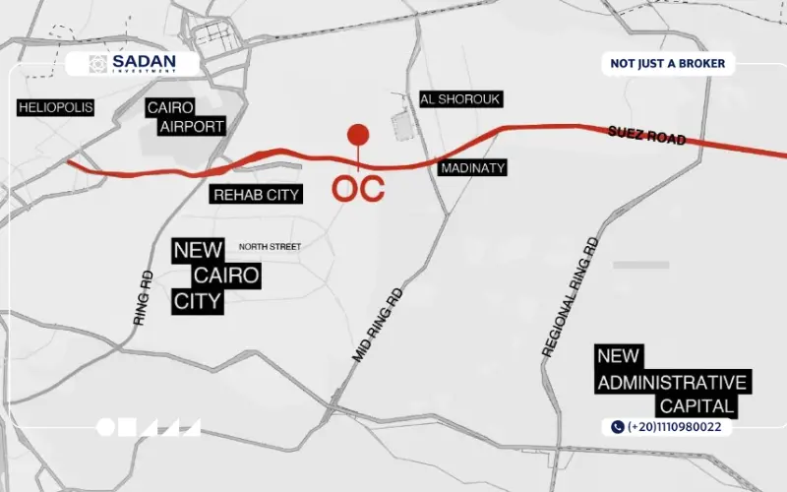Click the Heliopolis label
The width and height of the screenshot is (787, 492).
(55, 107)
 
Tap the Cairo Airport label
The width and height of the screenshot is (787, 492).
(186, 116)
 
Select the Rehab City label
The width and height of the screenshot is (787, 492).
(256, 195)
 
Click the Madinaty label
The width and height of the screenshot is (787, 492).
(472, 168)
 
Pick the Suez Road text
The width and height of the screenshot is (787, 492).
(646, 135)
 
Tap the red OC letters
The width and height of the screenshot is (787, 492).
(357, 188)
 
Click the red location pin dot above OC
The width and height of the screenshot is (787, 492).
(358, 135)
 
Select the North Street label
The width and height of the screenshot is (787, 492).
(270, 246)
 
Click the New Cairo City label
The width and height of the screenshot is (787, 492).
(216, 276)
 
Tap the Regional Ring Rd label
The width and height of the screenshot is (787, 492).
(571, 295)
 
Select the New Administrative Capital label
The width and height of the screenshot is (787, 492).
(672, 381)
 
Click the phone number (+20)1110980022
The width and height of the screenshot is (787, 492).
(677, 427)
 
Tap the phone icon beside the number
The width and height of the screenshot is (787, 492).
(618, 427)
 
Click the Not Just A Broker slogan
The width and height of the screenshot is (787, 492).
(668, 64)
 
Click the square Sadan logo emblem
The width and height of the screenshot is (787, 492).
(97, 64)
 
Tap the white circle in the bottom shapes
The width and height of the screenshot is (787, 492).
(105, 427)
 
